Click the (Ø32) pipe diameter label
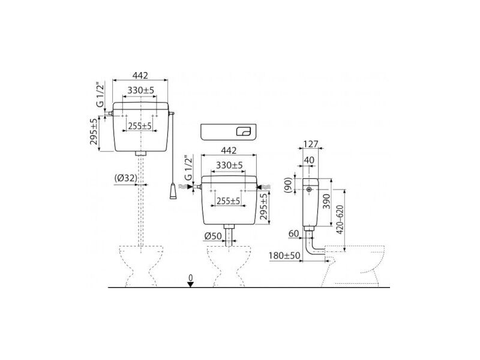[x=126, y=178]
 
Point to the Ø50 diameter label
[x=213, y=236]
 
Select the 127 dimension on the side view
[x=311, y=144]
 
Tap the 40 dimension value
[x=309, y=160]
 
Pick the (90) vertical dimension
[x=287, y=185]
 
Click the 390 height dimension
[x=327, y=202]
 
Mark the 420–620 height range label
[x=340, y=220]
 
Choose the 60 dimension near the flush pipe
[x=293, y=233]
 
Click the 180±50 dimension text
[x=284, y=256]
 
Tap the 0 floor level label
[x=191, y=278]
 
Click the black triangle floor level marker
[x=191, y=284]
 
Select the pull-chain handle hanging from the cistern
[x=173, y=191]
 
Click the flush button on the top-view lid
[x=244, y=132]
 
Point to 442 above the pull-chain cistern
[x=140, y=75]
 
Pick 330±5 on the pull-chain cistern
[x=141, y=91]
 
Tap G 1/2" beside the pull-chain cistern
[x=100, y=95]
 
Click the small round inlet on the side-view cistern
[x=310, y=190]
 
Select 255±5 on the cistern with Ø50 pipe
[x=229, y=201]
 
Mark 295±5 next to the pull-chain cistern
[x=94, y=131]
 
